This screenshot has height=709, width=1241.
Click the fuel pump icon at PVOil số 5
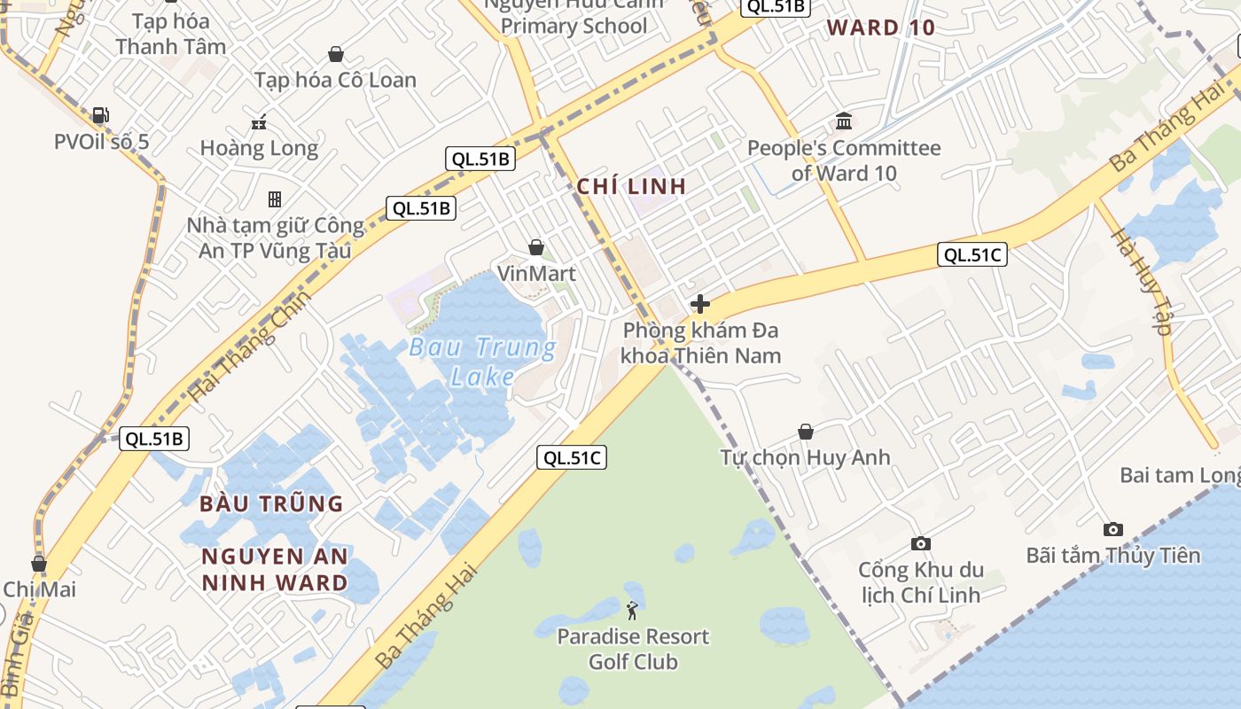[x=101, y=115]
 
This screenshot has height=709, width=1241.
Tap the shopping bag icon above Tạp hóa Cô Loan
[x=336, y=55]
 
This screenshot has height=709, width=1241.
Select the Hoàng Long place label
[x=259, y=148]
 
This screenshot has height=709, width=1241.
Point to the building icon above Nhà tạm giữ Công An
[x=275, y=199]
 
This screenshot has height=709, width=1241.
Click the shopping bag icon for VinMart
[x=536, y=247]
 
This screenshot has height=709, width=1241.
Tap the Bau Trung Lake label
[x=483, y=362]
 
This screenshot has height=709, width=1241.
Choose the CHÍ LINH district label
[x=631, y=187]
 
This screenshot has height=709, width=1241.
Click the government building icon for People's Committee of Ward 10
[x=844, y=121]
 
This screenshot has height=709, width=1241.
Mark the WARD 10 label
[x=881, y=27]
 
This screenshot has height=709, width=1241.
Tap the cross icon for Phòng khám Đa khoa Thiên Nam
[x=700, y=305]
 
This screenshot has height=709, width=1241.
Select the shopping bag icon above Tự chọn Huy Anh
[x=806, y=432]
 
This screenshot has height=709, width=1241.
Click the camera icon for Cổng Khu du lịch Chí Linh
[x=921, y=543]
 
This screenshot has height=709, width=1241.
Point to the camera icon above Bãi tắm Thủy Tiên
[x=1113, y=529]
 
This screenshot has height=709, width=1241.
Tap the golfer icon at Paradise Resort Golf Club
[x=632, y=611]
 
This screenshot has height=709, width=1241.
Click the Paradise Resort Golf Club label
[x=633, y=649]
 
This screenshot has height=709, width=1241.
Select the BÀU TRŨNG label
[x=271, y=503]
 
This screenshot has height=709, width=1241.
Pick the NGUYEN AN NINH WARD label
[x=275, y=569]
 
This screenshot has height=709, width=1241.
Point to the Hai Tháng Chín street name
[x=252, y=344]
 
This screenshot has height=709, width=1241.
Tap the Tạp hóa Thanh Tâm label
[x=170, y=34]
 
